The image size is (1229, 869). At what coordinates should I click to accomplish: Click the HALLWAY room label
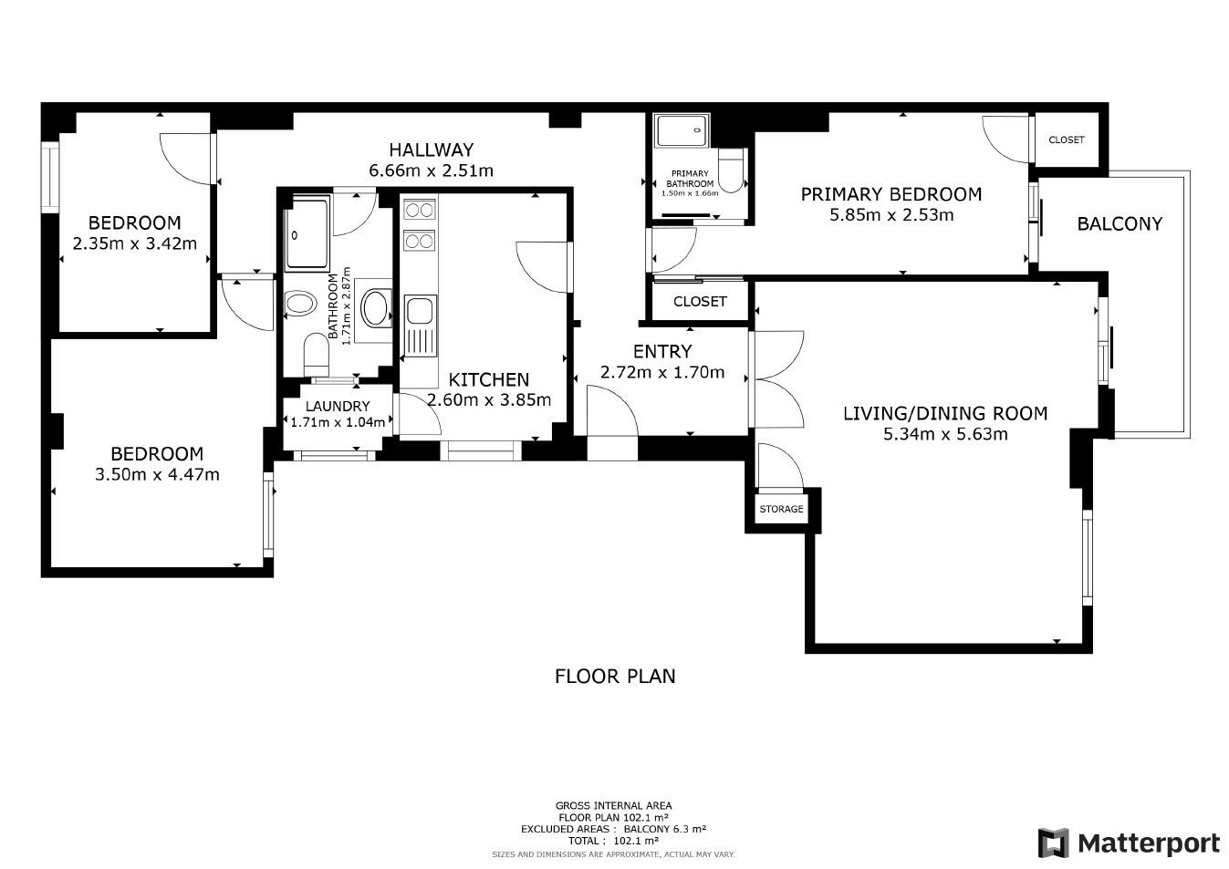pos(431,150)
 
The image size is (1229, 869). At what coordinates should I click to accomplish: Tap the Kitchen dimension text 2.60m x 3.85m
pos(489,400)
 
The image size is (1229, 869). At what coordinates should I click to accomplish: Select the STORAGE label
pos(781,509)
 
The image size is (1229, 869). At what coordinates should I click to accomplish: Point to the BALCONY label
pos(1120,223)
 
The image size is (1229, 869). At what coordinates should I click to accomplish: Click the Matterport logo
pos(1130,843)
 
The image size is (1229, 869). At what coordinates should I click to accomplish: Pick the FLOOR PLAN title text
pos(615,676)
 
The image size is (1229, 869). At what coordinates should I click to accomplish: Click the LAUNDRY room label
pos(338,407)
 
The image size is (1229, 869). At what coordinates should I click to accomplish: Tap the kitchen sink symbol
pos(421,326)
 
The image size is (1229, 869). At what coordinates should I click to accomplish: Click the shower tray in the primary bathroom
pos(682,130)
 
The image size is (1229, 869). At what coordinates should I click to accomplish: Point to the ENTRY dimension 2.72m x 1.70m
pos(662,372)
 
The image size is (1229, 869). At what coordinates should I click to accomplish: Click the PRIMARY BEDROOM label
pos(891,194)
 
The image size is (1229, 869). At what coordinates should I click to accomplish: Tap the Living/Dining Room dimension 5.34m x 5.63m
pos(945,434)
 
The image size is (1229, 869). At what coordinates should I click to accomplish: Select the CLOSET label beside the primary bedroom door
pos(1067,140)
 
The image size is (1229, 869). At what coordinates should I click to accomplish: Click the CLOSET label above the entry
pos(700,302)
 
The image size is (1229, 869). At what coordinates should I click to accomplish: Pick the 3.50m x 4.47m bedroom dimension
pos(157,474)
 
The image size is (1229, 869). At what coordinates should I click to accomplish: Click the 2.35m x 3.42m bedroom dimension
pos(134,243)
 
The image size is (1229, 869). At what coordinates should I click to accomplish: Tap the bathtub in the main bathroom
pos(307,234)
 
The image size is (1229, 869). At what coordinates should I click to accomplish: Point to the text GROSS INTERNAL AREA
pos(613,805)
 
